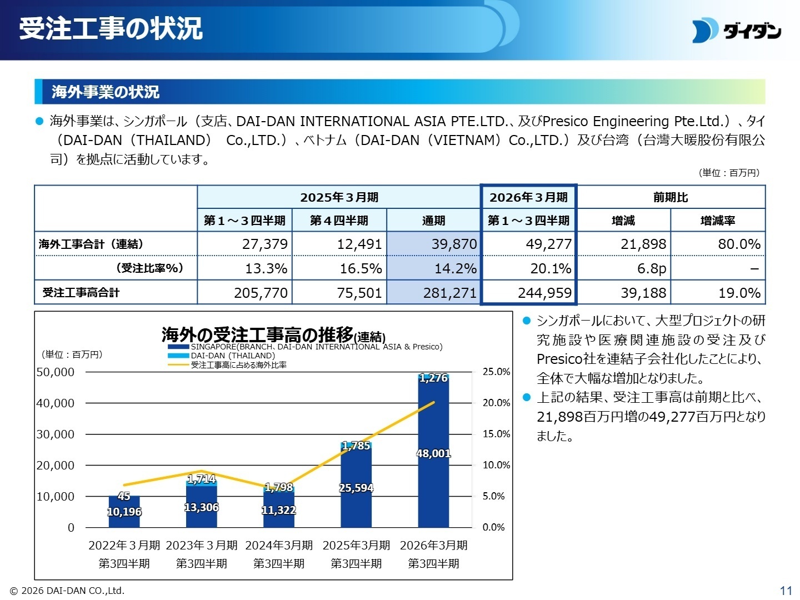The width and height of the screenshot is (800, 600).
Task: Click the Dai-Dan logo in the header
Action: [737, 31]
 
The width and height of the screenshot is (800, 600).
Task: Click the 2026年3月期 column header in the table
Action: [528, 197]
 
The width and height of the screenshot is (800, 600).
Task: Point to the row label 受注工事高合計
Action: [81, 293]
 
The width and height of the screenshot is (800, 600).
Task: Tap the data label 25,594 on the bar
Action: [356, 488]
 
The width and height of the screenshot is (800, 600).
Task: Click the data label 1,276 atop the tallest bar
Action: [433, 378]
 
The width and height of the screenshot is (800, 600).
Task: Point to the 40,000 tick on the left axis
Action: [56, 403]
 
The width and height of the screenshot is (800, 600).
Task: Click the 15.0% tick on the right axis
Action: [496, 434]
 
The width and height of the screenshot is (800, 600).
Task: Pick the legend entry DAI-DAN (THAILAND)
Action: [232, 356]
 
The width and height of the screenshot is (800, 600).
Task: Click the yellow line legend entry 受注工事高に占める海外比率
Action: [238, 365]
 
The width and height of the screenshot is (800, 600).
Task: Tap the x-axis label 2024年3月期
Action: [279, 545]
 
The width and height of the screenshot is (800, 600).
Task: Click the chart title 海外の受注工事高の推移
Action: [257, 334]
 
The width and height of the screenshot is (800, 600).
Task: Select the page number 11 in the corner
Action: [786, 590]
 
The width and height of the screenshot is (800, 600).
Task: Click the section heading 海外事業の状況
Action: [106, 92]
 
